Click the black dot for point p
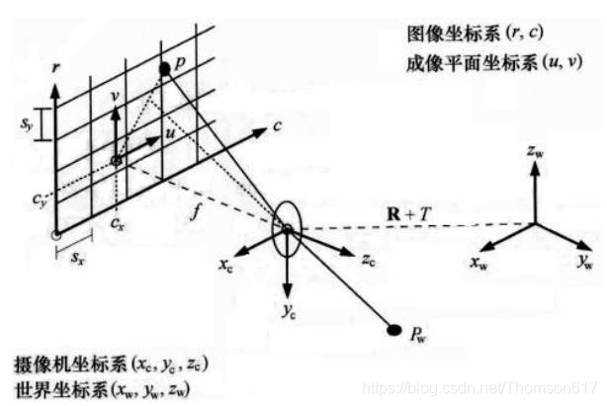164,69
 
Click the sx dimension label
74,256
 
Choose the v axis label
115,97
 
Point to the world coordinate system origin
537,225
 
